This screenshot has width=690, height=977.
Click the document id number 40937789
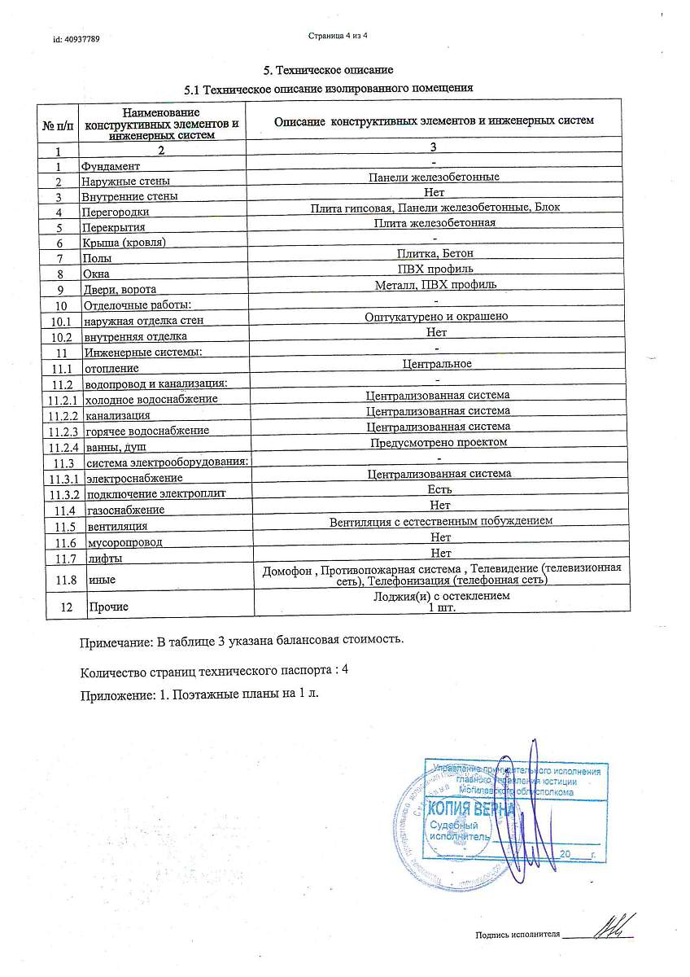[76, 39]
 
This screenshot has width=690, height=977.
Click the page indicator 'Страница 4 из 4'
[339, 36]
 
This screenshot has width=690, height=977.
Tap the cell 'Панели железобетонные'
[434, 177]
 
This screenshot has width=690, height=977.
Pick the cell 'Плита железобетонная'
[435, 222]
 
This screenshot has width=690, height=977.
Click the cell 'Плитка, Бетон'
[435, 253]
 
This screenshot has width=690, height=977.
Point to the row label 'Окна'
[96, 274]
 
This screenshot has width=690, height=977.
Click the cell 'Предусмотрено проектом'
[439, 441]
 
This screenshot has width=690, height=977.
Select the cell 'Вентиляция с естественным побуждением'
[441, 520]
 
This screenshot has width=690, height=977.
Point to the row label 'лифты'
[104, 559]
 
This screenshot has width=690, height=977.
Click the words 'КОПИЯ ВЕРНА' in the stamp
[470, 808]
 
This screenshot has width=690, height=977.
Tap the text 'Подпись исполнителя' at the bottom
[517, 935]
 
